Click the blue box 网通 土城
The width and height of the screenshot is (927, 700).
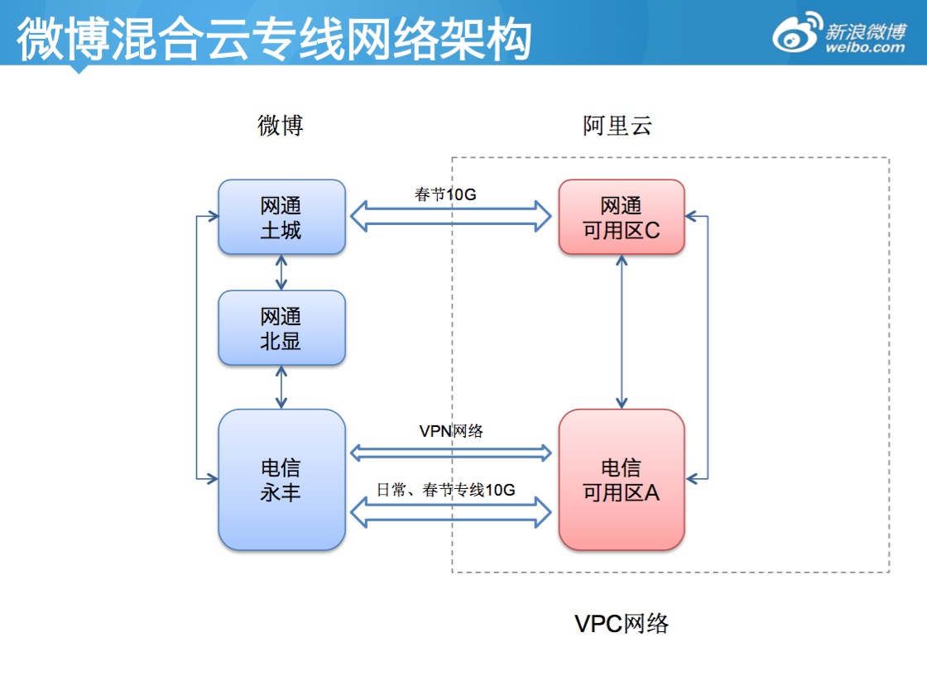point(281,217)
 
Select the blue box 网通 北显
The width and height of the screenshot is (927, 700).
point(281,328)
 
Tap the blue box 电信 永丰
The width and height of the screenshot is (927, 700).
point(281,480)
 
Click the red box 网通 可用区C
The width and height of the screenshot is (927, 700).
point(622,217)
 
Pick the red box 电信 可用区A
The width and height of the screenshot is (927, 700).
point(622,480)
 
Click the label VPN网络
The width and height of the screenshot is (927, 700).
point(451,430)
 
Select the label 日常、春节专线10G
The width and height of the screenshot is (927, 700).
point(446,490)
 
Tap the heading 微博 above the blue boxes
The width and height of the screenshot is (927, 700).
point(281,126)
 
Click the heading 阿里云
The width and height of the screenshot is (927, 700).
point(617,126)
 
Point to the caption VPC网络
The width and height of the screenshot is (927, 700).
point(621,624)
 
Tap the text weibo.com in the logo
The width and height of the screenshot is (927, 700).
point(866,47)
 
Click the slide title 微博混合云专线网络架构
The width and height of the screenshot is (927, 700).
point(273,38)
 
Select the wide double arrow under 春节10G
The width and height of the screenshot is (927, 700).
point(451,217)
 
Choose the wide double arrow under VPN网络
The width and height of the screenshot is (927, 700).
point(451,452)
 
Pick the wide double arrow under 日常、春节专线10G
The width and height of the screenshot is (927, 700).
point(451,511)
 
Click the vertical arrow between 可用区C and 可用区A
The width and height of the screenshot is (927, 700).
point(622,332)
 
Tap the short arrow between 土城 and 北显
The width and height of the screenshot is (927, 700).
point(281,272)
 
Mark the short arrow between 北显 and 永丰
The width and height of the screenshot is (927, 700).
point(281,386)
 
